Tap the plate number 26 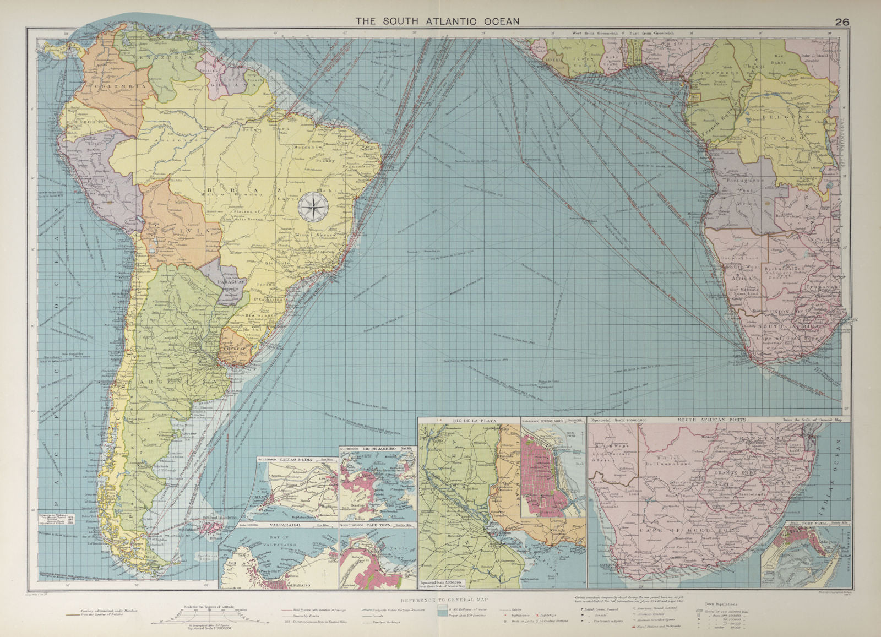point(842,7)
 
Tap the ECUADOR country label point(81,122)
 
